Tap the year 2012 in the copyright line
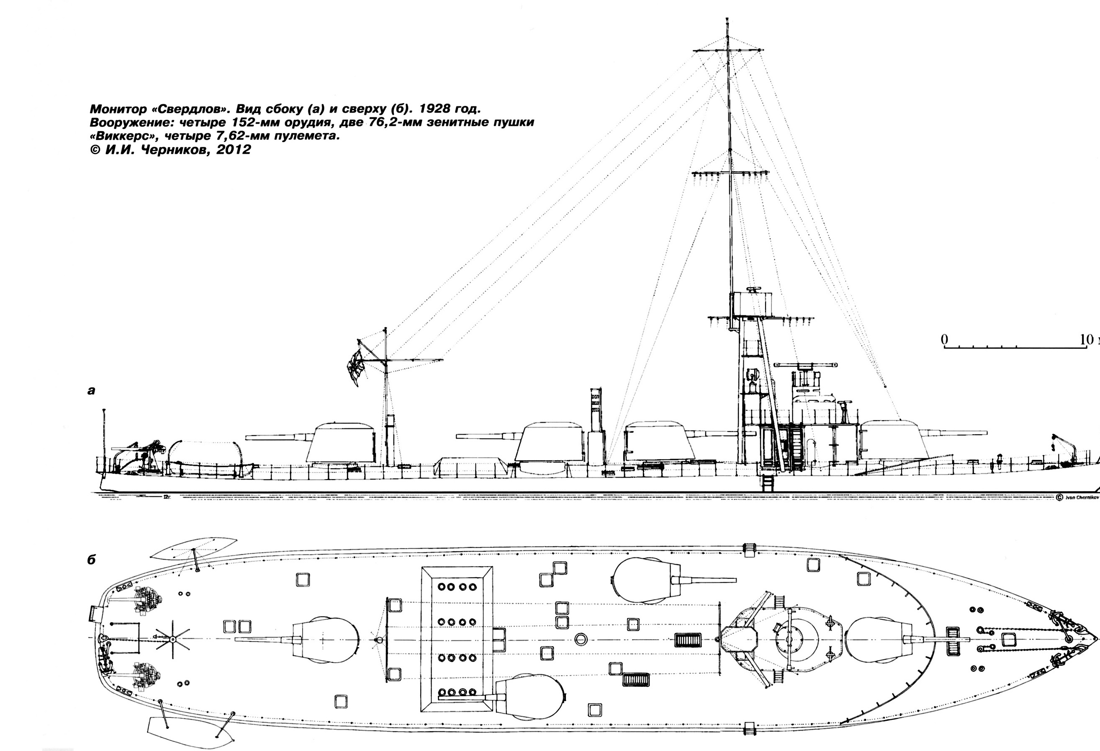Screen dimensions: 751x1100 234,150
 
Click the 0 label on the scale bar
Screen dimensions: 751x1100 944,340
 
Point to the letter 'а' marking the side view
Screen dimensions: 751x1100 91,391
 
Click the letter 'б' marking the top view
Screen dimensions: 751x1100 91,560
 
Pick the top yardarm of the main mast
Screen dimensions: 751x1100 728,49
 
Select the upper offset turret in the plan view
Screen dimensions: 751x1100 646,580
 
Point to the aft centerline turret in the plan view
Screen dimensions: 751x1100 326,639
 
